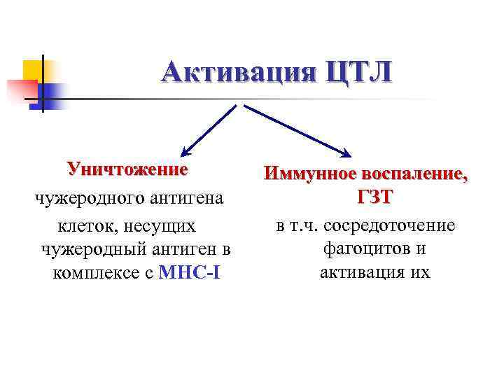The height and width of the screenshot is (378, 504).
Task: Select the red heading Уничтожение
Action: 127,169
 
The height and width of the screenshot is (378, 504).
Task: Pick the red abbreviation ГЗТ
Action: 374,199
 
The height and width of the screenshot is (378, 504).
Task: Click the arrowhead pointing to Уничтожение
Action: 184,152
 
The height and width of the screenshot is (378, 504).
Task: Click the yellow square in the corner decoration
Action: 34,71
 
